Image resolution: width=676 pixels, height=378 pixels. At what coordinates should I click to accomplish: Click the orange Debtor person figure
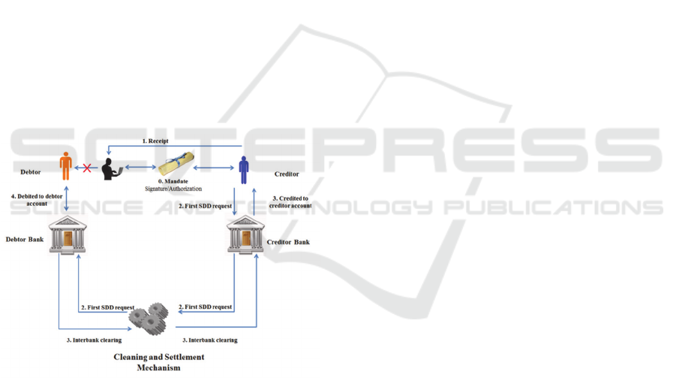66,166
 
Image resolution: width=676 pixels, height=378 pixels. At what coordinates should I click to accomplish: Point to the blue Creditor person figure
243,168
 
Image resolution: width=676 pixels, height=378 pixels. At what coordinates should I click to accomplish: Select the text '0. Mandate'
173,181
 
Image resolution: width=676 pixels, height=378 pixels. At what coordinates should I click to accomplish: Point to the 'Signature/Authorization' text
174,189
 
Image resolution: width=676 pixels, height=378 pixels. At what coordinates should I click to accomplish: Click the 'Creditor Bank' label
288,242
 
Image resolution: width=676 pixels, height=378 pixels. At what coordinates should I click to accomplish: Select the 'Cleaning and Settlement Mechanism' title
158,362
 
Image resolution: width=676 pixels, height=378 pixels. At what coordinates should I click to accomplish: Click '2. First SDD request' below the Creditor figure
205,205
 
